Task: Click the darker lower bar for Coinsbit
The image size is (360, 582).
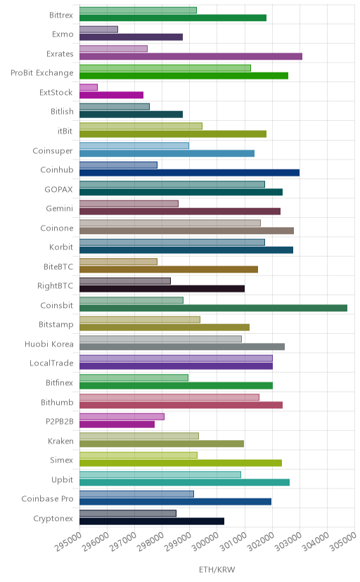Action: point(214,308)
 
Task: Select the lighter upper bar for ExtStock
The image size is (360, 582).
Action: point(89,87)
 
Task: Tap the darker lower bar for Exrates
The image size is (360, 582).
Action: point(191,56)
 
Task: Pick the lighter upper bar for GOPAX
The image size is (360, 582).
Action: point(172,184)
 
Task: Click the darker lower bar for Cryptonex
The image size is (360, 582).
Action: point(152,521)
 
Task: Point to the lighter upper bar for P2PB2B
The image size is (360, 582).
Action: point(122,417)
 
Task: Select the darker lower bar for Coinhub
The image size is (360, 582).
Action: point(189,173)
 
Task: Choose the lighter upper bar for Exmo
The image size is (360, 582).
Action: point(98,30)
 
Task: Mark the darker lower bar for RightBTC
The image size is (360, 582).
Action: point(162,289)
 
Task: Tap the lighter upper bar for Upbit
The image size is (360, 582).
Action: point(160,474)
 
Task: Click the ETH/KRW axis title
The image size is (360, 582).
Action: point(217,570)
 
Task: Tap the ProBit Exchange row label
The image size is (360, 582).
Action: point(42,73)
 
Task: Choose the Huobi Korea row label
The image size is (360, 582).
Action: point(49,344)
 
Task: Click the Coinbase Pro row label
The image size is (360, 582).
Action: point(48,498)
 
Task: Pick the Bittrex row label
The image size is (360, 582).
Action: point(61,15)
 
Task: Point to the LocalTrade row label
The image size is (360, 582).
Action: point(51,363)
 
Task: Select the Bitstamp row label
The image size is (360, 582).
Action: point(56,325)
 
